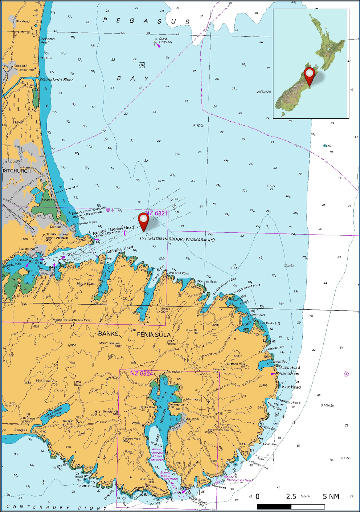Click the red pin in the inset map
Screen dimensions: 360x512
309,74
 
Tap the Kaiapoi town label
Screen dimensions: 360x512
20,65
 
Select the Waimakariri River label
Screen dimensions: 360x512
56,80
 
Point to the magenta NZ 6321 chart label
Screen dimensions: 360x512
156,213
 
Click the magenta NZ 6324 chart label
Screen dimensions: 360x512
142,373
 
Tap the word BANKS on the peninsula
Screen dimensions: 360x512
108,334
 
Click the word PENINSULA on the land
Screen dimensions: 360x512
154,334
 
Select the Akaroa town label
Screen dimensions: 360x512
192,419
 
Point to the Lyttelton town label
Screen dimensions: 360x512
27,249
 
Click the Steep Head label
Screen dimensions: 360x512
289,367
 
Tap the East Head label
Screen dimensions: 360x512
291,387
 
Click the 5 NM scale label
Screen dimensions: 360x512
331,496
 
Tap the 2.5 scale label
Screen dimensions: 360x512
291,496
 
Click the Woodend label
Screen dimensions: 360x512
22,21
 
